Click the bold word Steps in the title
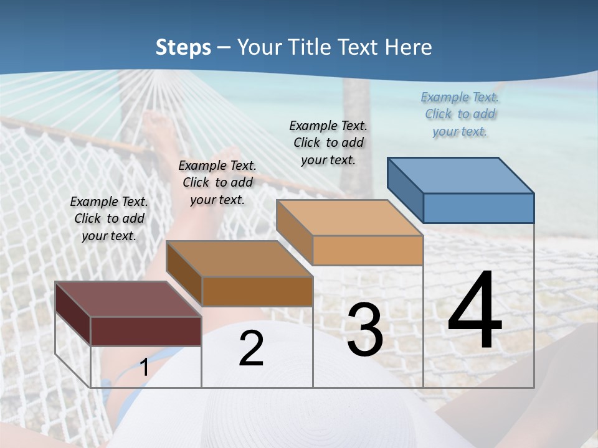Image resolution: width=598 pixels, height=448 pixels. (183, 47)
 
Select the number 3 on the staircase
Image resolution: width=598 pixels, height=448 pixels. (364, 330)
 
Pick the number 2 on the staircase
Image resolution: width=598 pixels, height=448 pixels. (251, 349)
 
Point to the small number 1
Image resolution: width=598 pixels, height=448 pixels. (145, 367)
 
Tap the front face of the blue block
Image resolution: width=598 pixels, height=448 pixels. (478, 208)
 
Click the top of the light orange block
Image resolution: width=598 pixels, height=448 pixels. (349, 218)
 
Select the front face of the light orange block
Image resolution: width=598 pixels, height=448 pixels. (368, 250)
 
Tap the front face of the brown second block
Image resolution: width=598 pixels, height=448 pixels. (257, 291)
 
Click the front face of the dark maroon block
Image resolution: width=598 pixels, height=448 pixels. (146, 331)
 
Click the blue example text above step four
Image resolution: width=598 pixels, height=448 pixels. (460, 114)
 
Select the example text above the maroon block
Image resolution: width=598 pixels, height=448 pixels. (109, 218)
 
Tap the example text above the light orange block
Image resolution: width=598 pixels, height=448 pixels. (328, 142)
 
